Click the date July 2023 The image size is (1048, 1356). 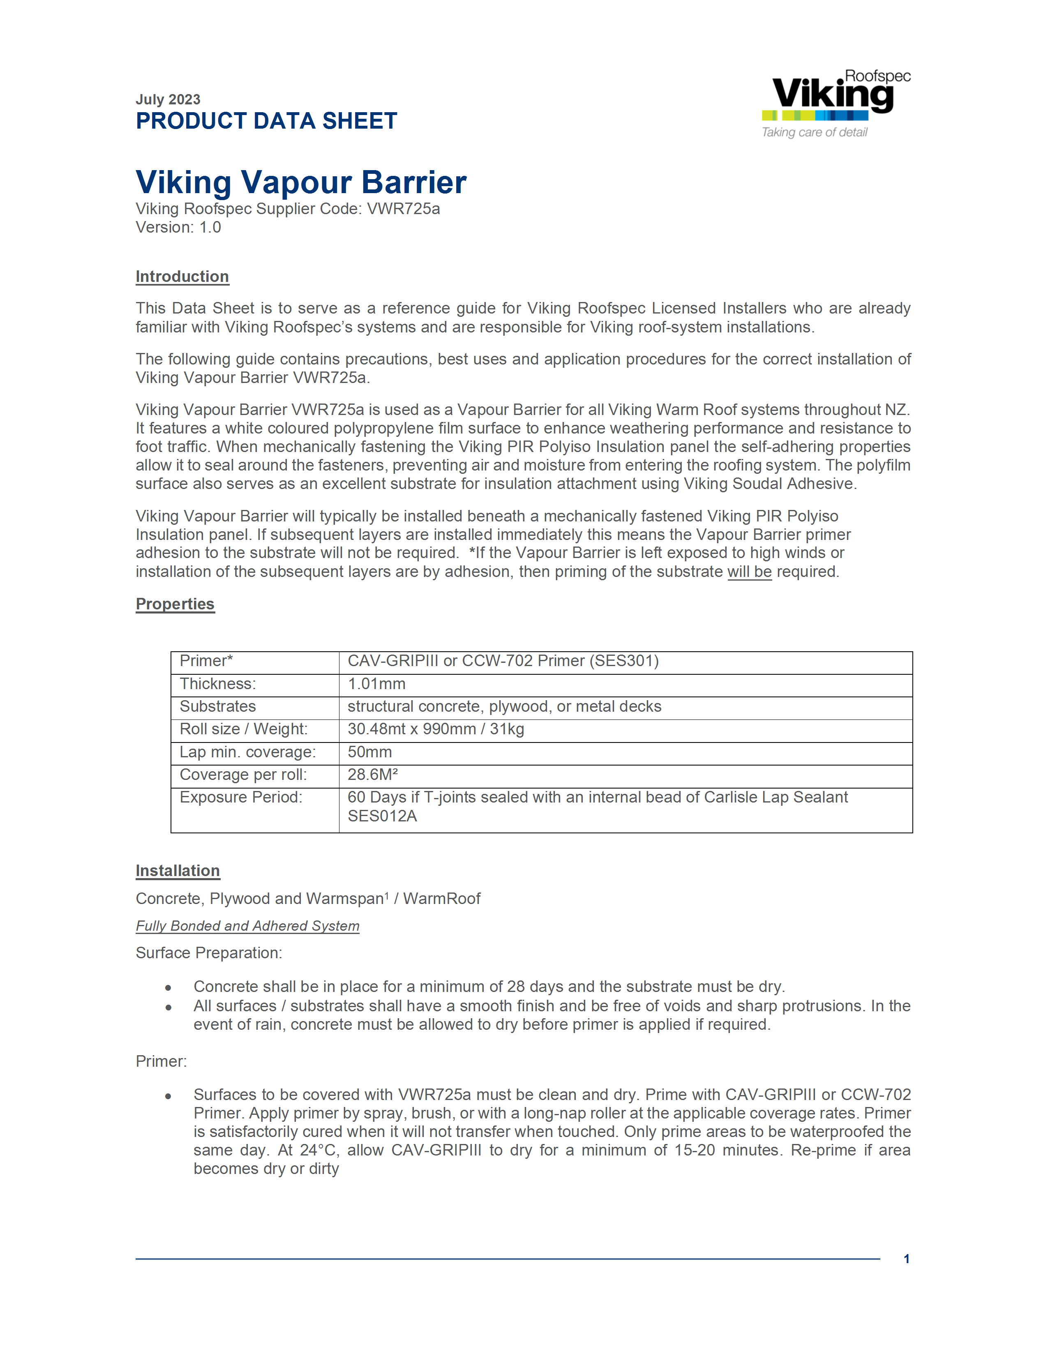point(168,99)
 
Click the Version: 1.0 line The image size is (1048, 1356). point(178,227)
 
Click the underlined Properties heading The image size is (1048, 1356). point(175,604)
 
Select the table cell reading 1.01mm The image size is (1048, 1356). point(376,684)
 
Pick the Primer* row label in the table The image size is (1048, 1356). point(206,661)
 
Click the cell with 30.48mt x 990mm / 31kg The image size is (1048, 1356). point(435,729)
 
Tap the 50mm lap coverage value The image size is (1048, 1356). point(369,752)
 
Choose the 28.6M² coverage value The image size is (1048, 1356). point(372,774)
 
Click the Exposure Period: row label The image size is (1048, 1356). point(241,797)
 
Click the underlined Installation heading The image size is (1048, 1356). point(178,870)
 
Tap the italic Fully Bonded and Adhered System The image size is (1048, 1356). point(247,926)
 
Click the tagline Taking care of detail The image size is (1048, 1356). point(814,132)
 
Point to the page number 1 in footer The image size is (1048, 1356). point(907,1259)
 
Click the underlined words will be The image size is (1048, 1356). point(749,572)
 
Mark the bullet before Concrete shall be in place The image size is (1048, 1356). point(168,987)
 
